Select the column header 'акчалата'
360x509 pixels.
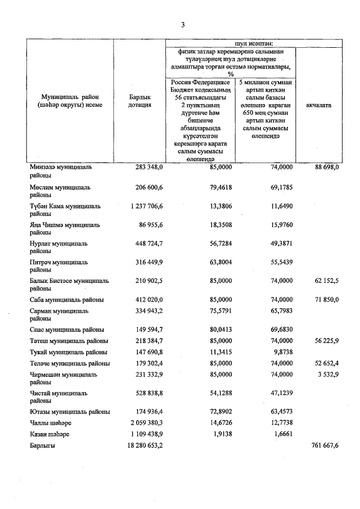point(318,105)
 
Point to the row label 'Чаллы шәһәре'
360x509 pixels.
point(51,422)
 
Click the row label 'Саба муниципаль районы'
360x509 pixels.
point(66,300)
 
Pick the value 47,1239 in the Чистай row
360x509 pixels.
point(278,394)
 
